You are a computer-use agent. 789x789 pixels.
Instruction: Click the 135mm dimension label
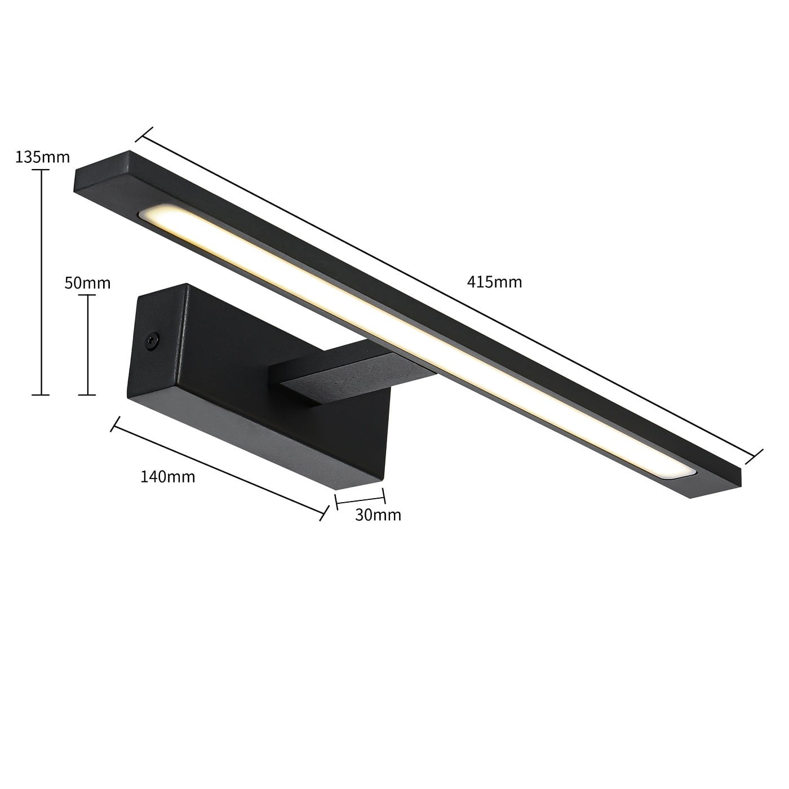tap(43, 157)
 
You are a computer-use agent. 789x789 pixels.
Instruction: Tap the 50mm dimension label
tap(87, 283)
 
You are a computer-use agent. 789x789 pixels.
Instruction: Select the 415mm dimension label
tap(495, 282)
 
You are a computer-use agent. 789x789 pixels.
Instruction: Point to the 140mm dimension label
tap(168, 477)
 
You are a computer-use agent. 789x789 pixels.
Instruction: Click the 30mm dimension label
tap(378, 515)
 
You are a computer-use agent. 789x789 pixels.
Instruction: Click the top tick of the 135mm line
tap(41, 170)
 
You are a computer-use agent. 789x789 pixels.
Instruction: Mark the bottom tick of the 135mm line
tap(41, 394)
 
